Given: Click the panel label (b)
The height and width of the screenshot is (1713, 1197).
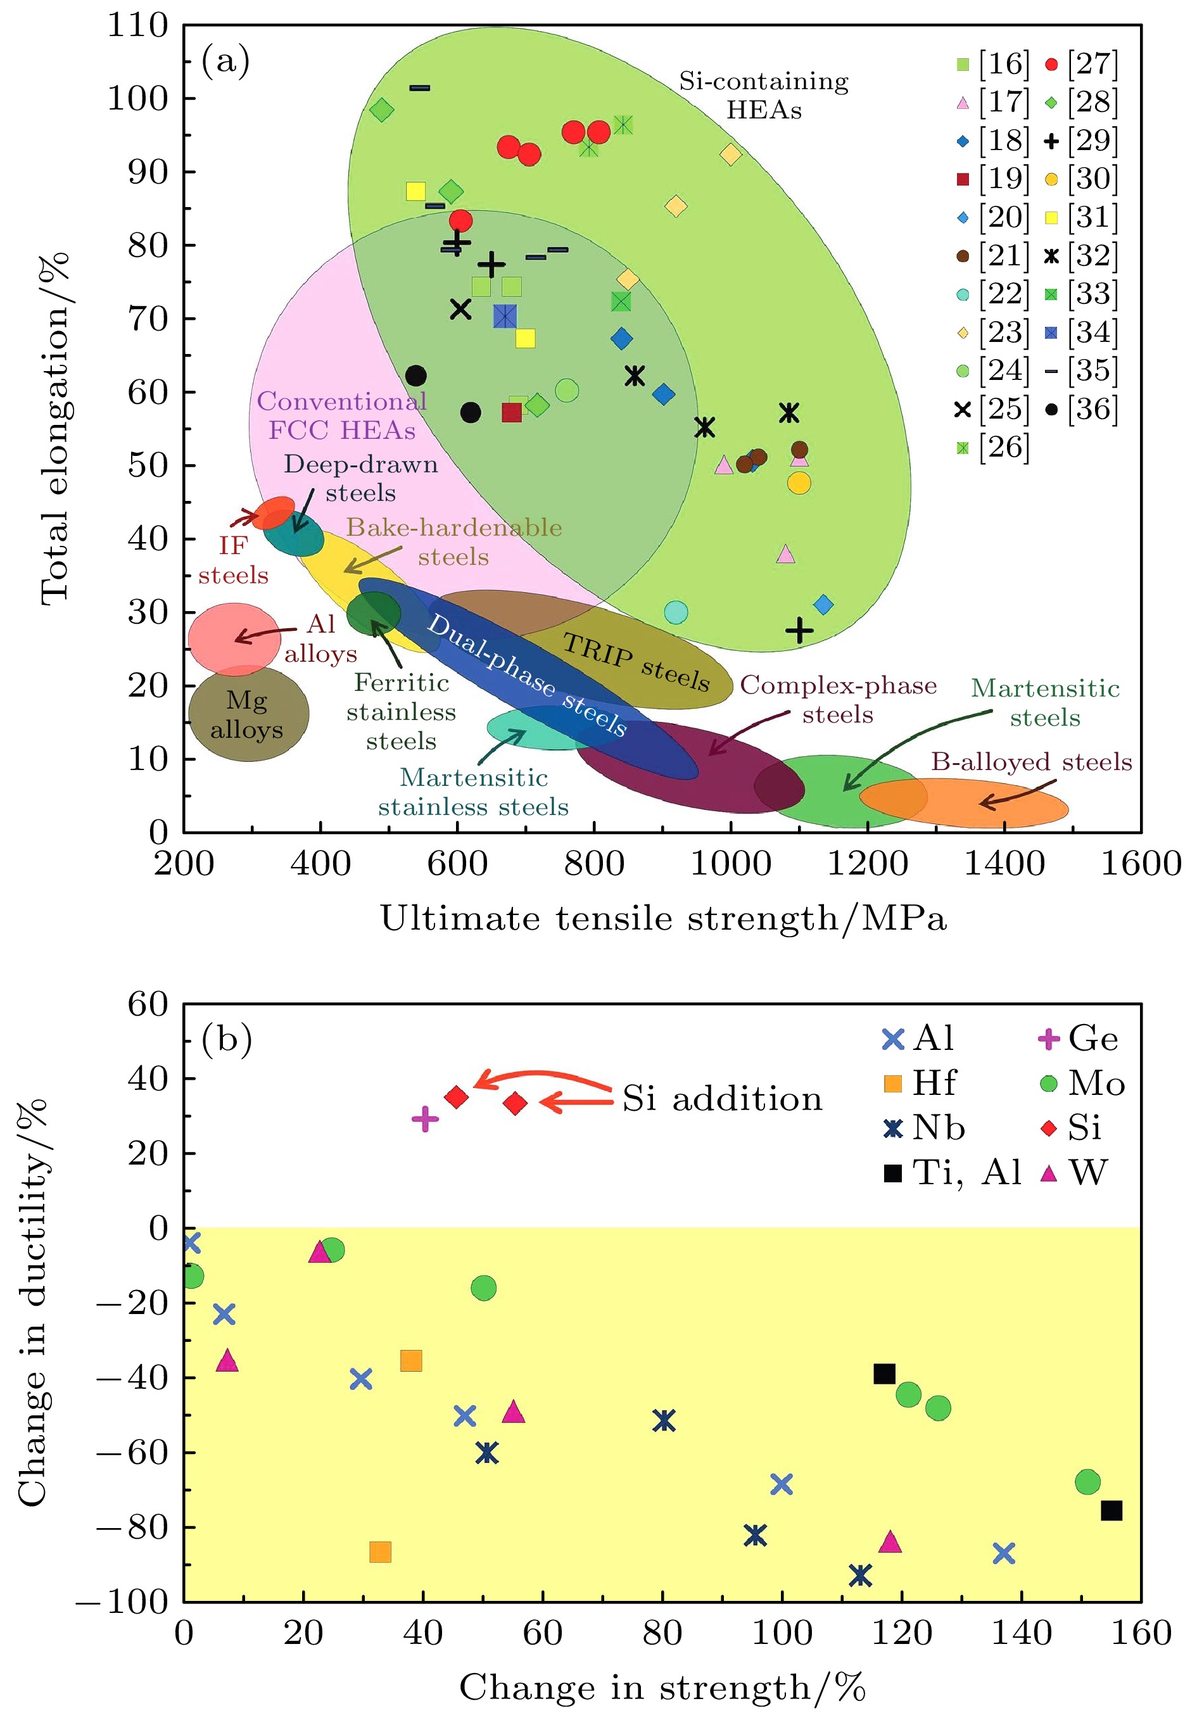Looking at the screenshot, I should [226, 1039].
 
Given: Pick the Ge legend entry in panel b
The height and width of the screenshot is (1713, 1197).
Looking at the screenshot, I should [1079, 1039].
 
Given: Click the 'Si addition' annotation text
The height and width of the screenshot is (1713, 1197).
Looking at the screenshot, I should [721, 1099].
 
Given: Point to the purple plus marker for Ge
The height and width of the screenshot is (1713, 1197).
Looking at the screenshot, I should [424, 1118].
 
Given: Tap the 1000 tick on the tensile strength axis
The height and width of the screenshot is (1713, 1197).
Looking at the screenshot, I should [731, 864].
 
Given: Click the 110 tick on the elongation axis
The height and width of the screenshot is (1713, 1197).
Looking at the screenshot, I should [138, 25].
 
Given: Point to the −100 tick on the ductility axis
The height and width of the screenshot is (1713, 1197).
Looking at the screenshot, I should [123, 1602].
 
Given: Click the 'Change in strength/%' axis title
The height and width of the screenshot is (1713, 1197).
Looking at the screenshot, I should [662, 1688].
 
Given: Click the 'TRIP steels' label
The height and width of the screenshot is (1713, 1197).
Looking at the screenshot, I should [635, 661].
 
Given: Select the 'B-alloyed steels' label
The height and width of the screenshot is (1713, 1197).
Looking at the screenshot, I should [1030, 762].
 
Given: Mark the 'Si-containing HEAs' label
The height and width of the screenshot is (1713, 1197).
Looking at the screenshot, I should [763, 96].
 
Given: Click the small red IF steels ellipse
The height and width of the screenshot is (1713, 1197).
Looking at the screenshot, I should [275, 512].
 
